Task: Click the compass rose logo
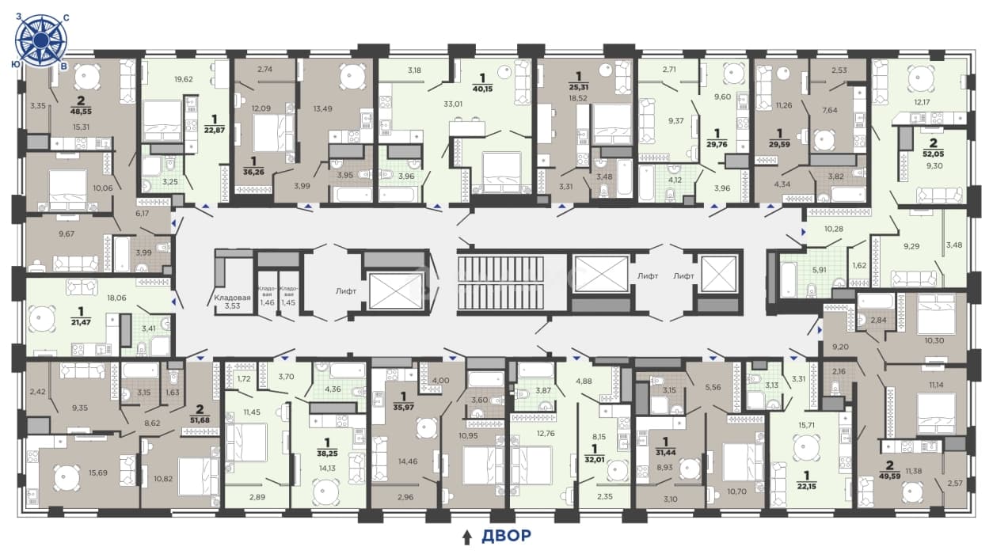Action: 41,40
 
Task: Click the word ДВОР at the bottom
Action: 506,536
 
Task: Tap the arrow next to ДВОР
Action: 466,537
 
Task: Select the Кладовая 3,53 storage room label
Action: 232,302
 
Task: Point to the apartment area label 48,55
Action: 81,112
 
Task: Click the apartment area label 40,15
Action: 483,89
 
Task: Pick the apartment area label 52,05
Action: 933,154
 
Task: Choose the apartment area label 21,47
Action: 81,322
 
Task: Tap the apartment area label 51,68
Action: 200,419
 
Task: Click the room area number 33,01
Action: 453,104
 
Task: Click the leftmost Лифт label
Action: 346,291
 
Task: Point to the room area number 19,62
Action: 184,79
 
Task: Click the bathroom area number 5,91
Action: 819,282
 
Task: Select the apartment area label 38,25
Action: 327,454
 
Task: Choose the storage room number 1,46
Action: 268,303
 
